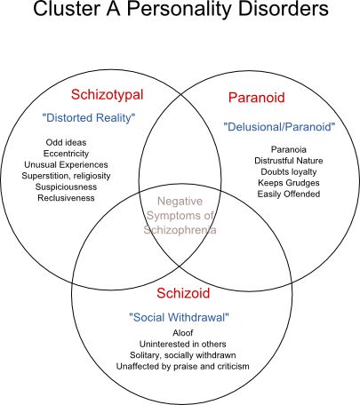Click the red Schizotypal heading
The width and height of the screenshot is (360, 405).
click(x=108, y=95)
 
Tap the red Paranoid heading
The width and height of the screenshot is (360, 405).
click(x=257, y=98)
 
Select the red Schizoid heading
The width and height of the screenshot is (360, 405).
click(x=183, y=293)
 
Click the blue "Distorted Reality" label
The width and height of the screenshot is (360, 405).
click(x=89, y=118)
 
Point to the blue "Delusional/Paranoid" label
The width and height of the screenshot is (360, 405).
click(x=279, y=127)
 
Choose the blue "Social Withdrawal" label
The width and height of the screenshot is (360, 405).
click(x=180, y=317)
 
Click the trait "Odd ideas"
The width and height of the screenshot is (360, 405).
click(x=66, y=142)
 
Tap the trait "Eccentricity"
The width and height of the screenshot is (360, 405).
click(x=66, y=154)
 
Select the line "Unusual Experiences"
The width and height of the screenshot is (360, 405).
click(x=66, y=164)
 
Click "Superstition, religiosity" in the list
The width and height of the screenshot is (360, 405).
click(x=66, y=176)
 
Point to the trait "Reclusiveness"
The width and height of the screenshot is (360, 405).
click(x=66, y=198)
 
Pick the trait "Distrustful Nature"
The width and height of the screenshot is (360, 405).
click(x=289, y=161)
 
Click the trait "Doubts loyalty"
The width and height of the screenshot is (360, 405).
click(x=289, y=171)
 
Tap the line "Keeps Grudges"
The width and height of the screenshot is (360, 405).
click(x=289, y=183)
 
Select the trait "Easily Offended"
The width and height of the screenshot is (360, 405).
click(x=289, y=194)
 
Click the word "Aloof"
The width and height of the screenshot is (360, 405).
click(x=183, y=333)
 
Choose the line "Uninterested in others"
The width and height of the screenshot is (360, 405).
click(x=183, y=344)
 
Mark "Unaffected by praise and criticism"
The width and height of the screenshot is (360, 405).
click(x=183, y=366)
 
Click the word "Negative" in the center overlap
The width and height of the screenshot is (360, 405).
click(x=180, y=202)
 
